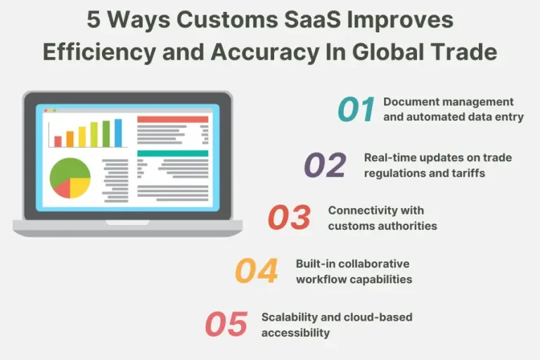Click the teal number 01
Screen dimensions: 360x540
pos(356,110)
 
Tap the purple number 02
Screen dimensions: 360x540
pos(325,165)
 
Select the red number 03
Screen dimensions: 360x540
pos(289,218)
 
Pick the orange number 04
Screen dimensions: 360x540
pos(256,271)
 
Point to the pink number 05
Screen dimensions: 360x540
pos(226,324)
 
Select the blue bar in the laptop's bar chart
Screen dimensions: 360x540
pos(118,134)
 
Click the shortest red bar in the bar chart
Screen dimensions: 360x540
pos(58,141)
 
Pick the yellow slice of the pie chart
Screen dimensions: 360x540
pos(79,186)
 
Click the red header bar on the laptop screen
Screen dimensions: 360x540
pos(172,120)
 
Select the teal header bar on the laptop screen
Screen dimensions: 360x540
pos(172,153)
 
